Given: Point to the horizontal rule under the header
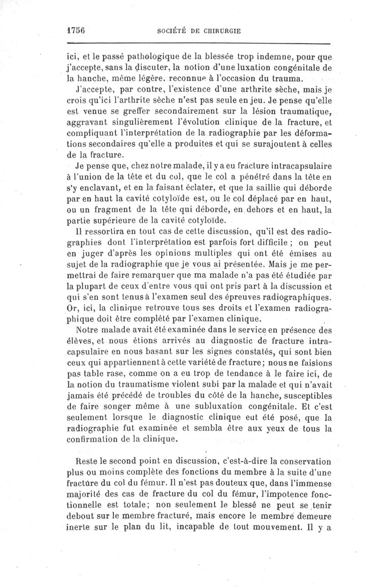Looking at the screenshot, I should click(x=198, y=44).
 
